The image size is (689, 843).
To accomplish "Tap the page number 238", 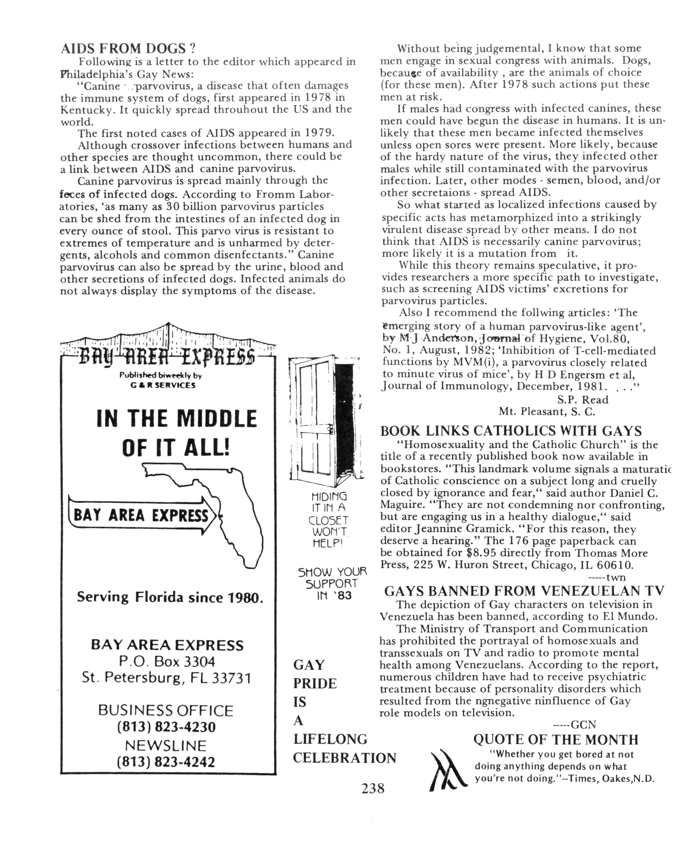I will point(373,788).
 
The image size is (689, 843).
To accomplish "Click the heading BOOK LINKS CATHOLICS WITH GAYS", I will point(511,431).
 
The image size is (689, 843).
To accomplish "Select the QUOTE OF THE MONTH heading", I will point(556,740).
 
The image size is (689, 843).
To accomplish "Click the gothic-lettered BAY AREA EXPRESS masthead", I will point(167,356).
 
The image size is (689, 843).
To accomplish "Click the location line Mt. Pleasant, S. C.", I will point(547,412).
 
